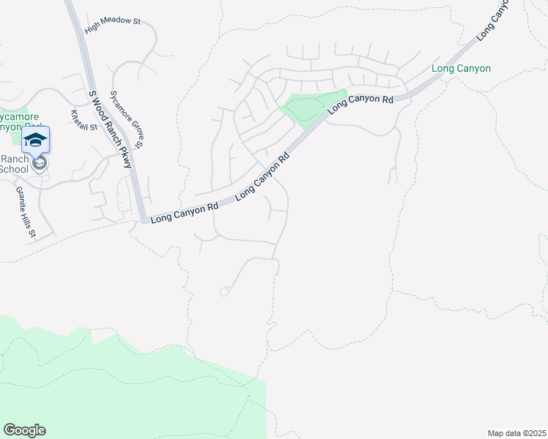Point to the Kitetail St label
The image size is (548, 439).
pyautogui.click(x=84, y=120)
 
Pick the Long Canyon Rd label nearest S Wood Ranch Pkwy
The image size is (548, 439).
pyautogui.click(x=184, y=212)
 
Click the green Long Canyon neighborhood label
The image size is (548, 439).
pyautogui.click(x=461, y=69)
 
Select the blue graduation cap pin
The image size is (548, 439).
pyautogui.click(x=35, y=140)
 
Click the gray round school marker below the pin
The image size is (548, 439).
pyautogui.click(x=40, y=163)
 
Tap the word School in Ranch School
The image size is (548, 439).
pyautogui.click(x=13, y=170)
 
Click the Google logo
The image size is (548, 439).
pyautogui.click(x=24, y=430)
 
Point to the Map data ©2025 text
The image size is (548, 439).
pyautogui.click(x=517, y=432)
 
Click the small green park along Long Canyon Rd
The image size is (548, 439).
pyautogui.click(x=314, y=107)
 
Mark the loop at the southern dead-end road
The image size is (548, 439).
pyautogui.click(x=224, y=292)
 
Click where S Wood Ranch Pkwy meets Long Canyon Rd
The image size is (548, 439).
pyautogui.click(x=142, y=218)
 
